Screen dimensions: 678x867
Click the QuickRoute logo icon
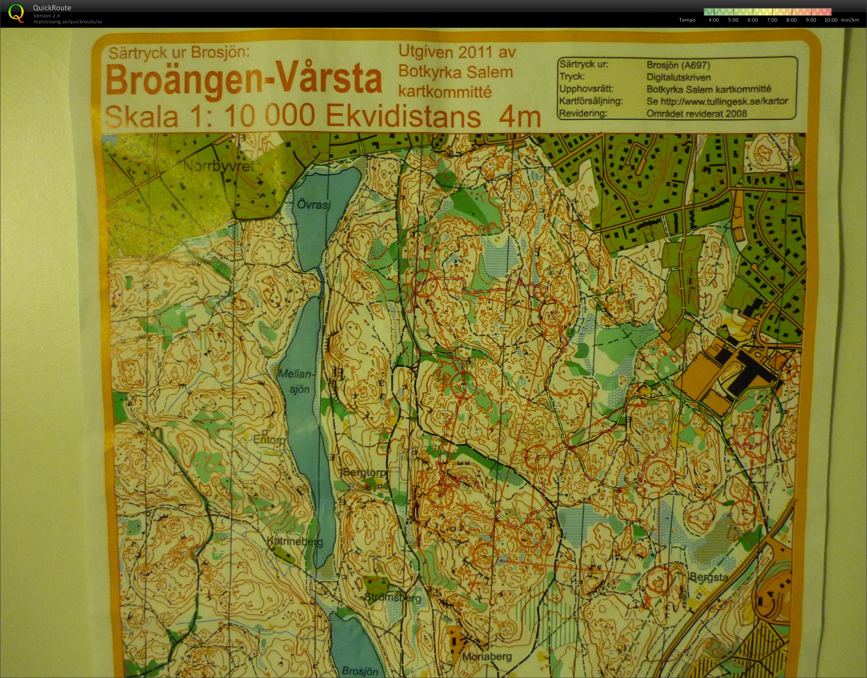pos(16,13)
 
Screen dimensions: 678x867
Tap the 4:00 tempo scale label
pos(713,20)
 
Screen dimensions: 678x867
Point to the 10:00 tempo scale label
pos(831,20)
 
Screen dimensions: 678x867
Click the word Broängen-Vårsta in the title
pos(243,80)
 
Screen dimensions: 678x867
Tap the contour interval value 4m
pos(519,117)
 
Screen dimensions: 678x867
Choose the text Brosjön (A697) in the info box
pos(678,65)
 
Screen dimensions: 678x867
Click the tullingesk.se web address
pos(717,102)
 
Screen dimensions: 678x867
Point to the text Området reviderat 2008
pos(696,114)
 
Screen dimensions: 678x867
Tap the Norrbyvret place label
pos(219,166)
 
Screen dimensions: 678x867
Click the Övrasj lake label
pos(313,205)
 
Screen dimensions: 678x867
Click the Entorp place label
pos(269,439)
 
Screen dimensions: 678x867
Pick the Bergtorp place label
pos(364,472)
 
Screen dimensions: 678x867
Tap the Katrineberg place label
pos(295,541)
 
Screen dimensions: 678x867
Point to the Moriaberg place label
pos(487,657)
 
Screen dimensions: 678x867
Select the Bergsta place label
pos(708,577)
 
